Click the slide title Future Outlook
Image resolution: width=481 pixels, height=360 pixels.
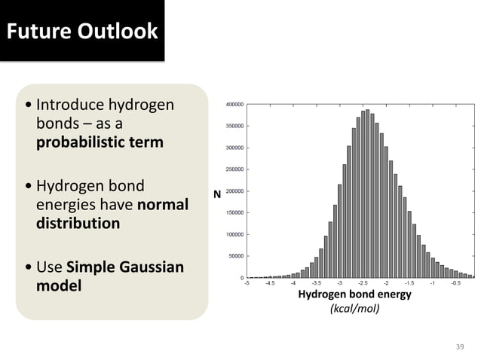[82, 31]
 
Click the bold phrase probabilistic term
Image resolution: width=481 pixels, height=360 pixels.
[100, 142]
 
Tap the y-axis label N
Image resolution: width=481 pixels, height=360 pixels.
[217, 194]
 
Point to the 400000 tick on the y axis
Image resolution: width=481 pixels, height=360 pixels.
[233, 104]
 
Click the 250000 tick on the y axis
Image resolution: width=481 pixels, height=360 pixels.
[233, 169]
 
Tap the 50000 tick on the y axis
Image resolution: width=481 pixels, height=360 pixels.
[234, 256]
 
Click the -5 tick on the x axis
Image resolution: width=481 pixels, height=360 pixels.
[247, 284]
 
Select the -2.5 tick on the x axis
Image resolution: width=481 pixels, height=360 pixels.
[363, 284]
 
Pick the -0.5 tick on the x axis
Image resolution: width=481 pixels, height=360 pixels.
[455, 284]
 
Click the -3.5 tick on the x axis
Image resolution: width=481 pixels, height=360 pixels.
[317, 284]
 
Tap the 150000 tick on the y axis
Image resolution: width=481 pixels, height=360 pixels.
[233, 212]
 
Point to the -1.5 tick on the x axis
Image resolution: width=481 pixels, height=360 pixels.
[409, 284]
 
